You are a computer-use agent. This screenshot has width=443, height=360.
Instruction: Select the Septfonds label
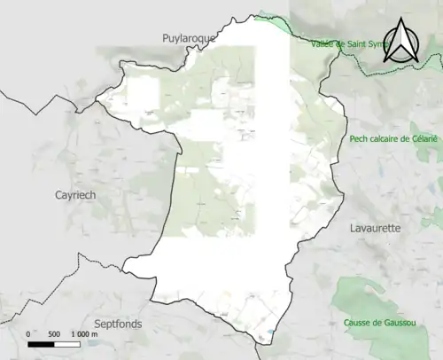118,324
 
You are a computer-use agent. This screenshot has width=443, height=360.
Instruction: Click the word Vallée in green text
326,43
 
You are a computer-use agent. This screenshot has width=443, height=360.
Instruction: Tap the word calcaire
390,139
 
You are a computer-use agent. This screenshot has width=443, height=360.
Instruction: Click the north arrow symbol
401,40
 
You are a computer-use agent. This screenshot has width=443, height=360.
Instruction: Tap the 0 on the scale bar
28,333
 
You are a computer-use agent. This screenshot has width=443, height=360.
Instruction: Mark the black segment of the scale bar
41,343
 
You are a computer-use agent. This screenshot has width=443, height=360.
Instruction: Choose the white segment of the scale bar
66,343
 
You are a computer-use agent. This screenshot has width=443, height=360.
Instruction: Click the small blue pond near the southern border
268,335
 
